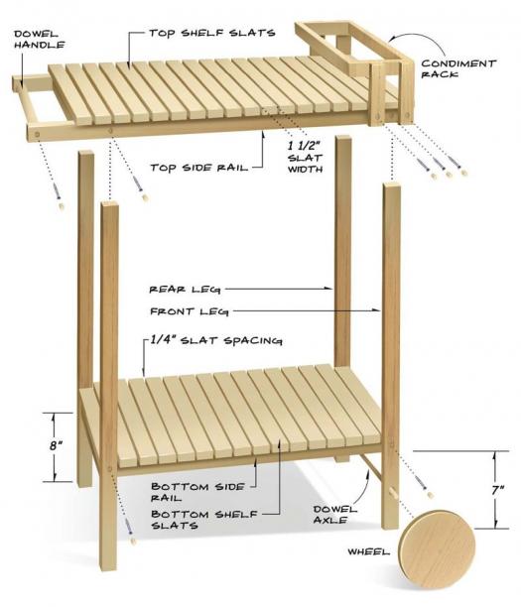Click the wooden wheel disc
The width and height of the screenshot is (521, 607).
437,549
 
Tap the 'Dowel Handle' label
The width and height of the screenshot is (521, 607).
39,40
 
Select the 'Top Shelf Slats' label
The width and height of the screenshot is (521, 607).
212,33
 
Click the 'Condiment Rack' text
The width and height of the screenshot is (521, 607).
458,68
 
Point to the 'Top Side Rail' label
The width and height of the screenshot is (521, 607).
198,168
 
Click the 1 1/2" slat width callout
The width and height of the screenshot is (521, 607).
305,157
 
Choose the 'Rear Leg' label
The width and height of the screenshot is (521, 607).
185,290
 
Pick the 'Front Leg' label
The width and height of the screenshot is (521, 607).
189,311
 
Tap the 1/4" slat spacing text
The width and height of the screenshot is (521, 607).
216,340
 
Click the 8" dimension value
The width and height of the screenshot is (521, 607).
56,445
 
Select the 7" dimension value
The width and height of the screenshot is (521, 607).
498,490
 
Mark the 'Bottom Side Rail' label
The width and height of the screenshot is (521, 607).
197,492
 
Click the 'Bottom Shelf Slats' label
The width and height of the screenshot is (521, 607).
203,520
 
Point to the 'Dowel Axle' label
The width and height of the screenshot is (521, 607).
335,514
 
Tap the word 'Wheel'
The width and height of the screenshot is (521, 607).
368,551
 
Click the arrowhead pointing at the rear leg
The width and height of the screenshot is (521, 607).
328,289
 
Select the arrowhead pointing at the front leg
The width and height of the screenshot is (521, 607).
376,310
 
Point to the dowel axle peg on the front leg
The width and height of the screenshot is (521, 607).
392,493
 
